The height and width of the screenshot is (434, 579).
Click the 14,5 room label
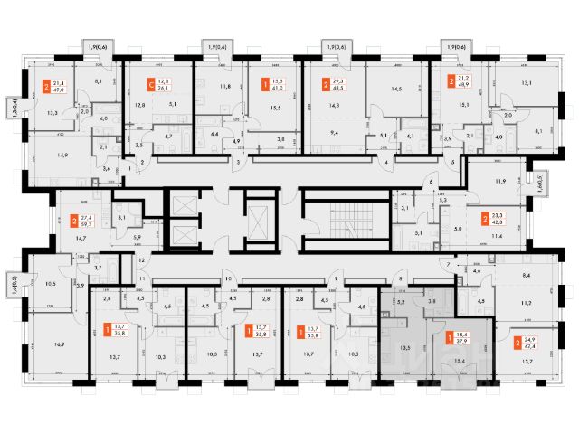pos(394,89)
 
